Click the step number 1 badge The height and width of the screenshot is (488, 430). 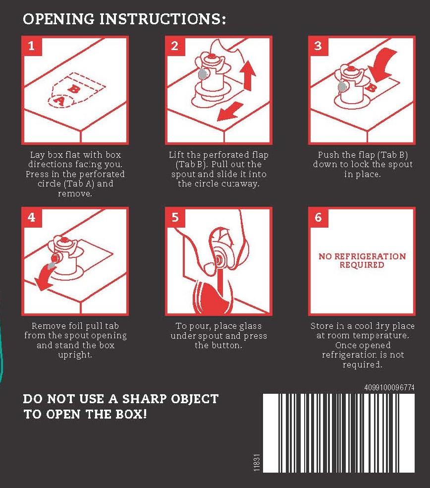pyautogui.click(x=31, y=47)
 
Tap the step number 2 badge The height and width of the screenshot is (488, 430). pyautogui.click(x=175, y=47)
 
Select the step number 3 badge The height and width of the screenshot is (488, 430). pyautogui.click(x=318, y=47)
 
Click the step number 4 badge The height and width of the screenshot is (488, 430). pyautogui.click(x=31, y=217)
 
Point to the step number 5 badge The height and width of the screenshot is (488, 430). pyautogui.click(x=175, y=217)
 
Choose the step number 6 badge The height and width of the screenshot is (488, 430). pyautogui.click(x=318, y=217)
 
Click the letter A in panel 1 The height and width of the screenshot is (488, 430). pyautogui.click(x=59, y=101)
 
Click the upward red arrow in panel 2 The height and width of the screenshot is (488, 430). pyautogui.click(x=248, y=75)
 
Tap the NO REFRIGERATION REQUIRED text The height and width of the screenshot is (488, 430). pyautogui.click(x=362, y=260)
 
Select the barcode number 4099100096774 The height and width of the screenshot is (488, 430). pyautogui.click(x=389, y=387)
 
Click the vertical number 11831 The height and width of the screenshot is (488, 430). pyautogui.click(x=257, y=463)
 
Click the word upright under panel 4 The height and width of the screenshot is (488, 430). pyautogui.click(x=75, y=355)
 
